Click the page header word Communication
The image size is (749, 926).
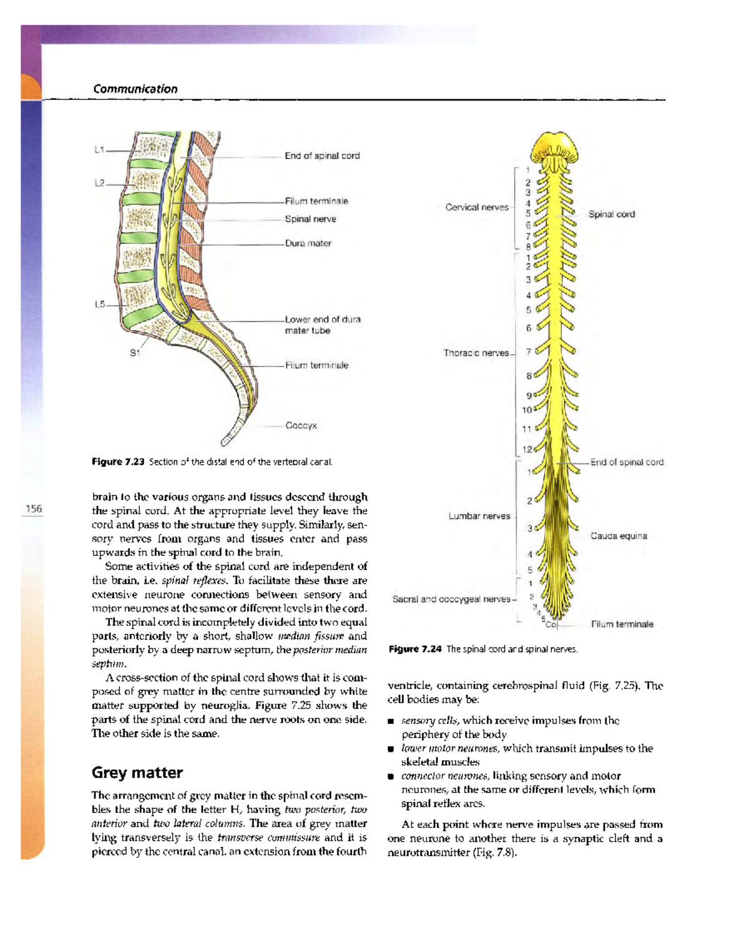(135, 89)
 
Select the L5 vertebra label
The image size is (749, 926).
(99, 305)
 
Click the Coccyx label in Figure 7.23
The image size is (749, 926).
(301, 426)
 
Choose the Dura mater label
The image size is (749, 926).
(308, 243)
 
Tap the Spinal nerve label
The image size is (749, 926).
(310, 219)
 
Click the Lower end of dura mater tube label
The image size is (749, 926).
(322, 324)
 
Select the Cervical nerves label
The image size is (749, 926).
(477, 207)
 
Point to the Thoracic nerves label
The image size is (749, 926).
(476, 353)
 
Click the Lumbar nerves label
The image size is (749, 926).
(479, 516)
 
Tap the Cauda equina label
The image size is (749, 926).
(619, 536)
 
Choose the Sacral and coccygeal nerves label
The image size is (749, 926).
(451, 599)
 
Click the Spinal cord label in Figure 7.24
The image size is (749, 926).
(611, 214)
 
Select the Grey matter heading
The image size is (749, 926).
(137, 772)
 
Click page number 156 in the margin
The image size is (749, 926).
(34, 509)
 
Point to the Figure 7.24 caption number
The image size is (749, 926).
(415, 649)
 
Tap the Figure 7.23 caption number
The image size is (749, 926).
(118, 462)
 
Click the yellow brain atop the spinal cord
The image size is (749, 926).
(554, 147)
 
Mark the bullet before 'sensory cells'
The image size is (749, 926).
(391, 721)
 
